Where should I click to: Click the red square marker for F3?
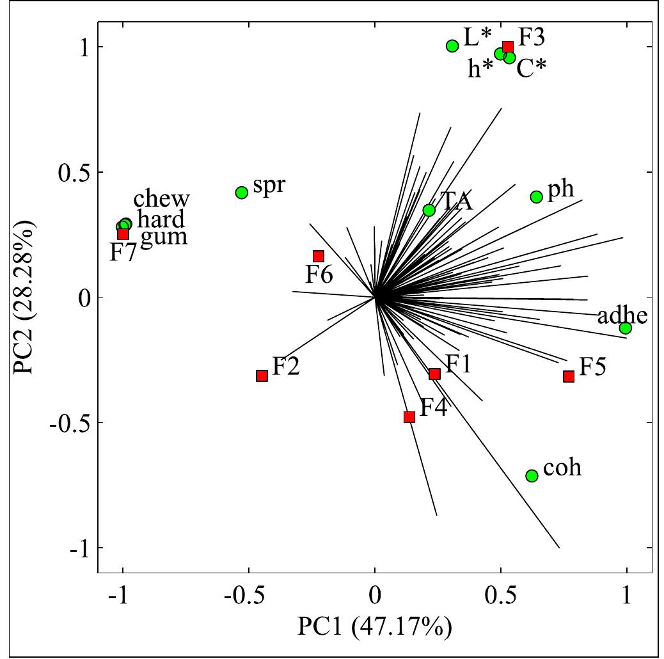pos(508,47)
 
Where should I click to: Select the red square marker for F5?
pos(569,376)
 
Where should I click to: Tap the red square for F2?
pos(262,376)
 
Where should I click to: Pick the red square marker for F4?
pos(409,417)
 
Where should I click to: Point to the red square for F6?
pos(319,256)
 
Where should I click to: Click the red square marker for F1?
pos(435,374)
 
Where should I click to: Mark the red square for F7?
pos(123,234)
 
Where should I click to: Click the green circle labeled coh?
pos(532,475)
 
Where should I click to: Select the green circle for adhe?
pos(626,328)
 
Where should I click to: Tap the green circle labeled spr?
pos(242,193)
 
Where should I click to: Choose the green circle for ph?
pos(537,197)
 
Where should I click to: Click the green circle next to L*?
pos(452,46)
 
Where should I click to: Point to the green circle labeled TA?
pos(429,210)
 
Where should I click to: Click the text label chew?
pos(162,199)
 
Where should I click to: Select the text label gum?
pos(164,237)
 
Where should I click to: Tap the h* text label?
pos(480,69)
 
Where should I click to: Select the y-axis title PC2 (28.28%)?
pos(26,298)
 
